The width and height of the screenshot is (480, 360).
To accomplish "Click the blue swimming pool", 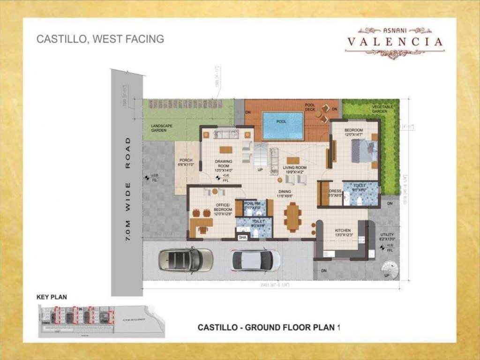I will pyautogui.click(x=283, y=125).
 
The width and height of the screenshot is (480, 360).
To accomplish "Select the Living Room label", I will pyautogui.click(x=294, y=170).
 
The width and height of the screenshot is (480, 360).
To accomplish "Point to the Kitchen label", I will pyautogui.click(x=343, y=232).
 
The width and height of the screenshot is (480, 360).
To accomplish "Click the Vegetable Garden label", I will pyautogui.click(x=380, y=109).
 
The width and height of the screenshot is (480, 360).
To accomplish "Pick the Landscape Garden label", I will pyautogui.click(x=162, y=128).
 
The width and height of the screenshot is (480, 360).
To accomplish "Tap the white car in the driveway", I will pyautogui.click(x=255, y=260).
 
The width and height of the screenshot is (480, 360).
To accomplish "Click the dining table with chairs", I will pyautogui.click(x=292, y=217).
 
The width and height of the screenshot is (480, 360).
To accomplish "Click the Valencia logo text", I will pyautogui.click(x=395, y=42).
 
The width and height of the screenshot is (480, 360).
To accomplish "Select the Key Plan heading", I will pyautogui.click(x=52, y=297).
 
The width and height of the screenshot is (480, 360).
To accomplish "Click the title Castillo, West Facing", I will pyautogui.click(x=100, y=39).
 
